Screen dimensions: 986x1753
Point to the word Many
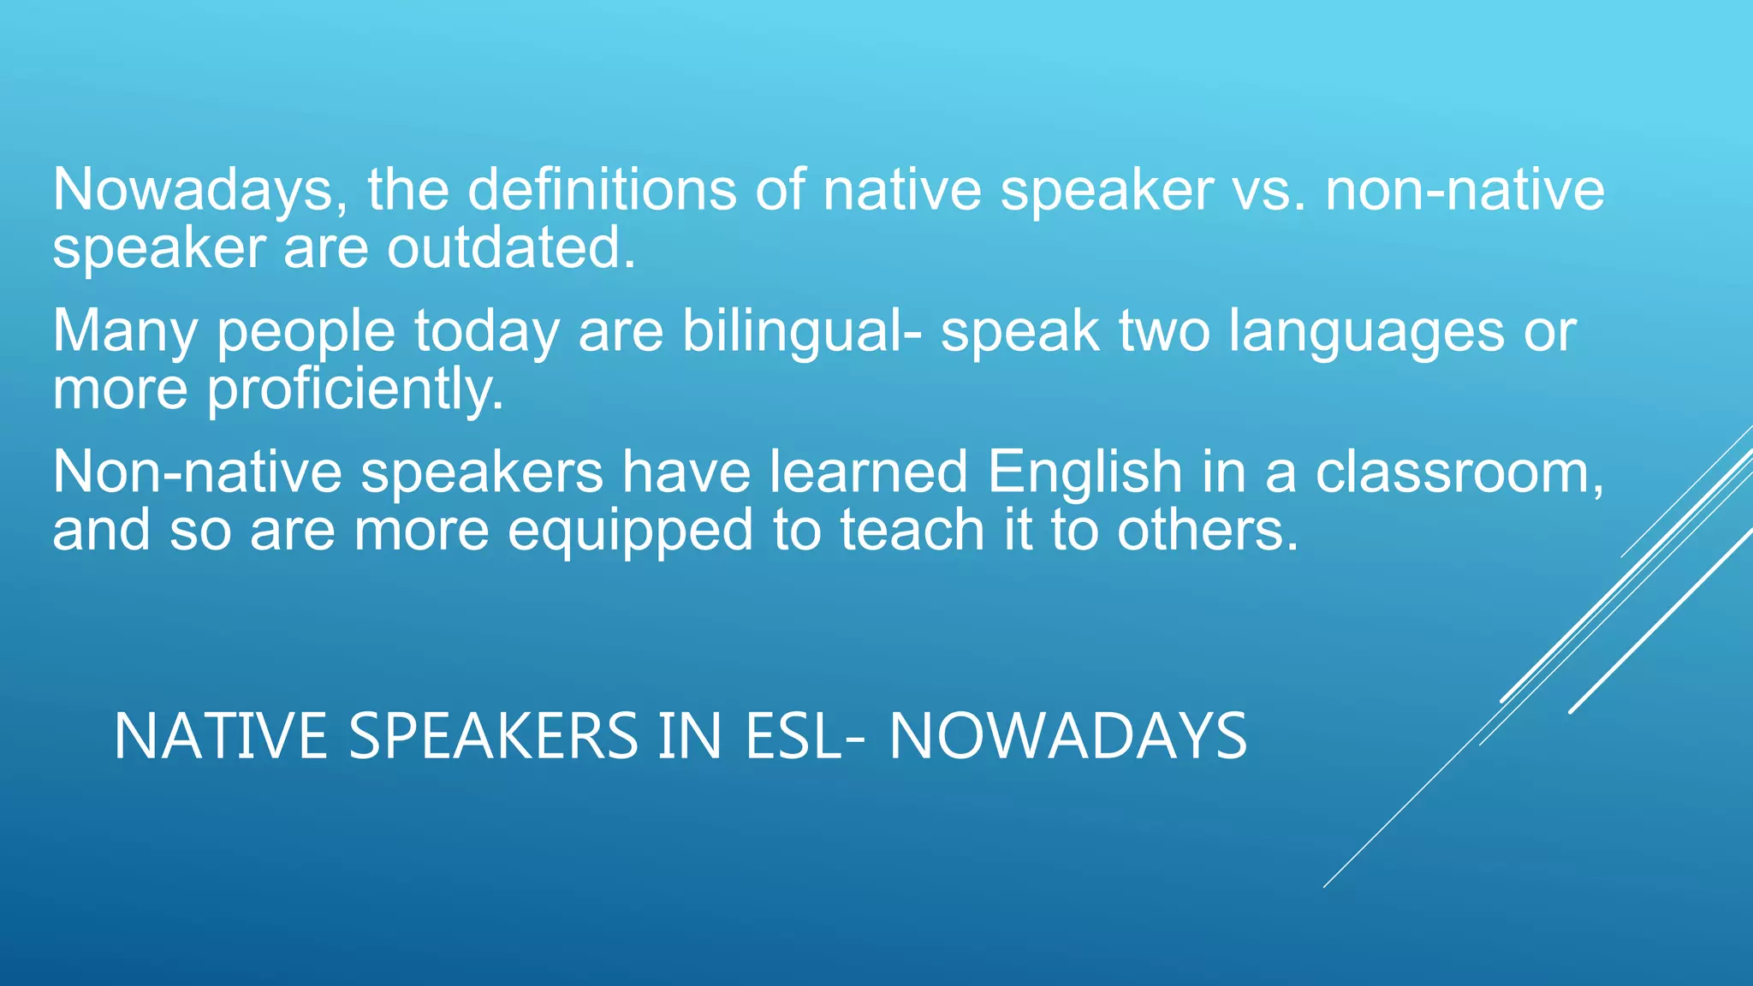125,331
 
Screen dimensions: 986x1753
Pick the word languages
1366,331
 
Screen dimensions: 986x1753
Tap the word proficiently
355,389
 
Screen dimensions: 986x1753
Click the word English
1084,472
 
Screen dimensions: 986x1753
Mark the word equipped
630,531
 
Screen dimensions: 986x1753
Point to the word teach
912,530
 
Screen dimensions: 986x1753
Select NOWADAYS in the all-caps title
1068,736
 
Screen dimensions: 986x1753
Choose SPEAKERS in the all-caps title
494,736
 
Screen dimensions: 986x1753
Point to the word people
306,331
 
